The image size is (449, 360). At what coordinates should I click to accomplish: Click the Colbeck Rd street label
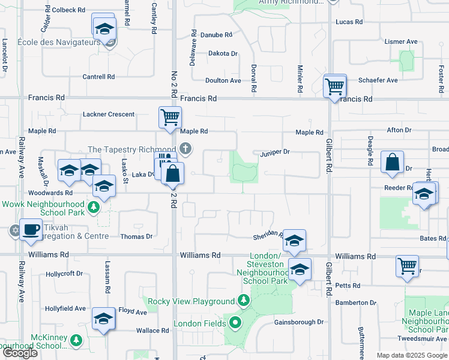coord(68,10)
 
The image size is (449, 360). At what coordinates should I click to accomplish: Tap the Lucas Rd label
coord(349,22)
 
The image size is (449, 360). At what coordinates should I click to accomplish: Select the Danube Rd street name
coord(216,35)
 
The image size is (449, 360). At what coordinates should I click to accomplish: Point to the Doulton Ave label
coord(223,80)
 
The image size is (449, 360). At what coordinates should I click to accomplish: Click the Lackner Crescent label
coord(109,114)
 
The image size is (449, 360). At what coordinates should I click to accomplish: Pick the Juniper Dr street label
coord(275,152)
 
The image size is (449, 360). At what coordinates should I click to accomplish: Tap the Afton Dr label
coord(399,130)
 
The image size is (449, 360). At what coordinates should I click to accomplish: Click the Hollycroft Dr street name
coord(64,274)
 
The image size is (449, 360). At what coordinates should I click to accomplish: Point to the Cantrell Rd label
coord(98,77)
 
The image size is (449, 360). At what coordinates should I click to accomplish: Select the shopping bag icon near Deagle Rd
coord(392,162)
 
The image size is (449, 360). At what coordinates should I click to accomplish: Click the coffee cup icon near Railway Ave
coord(31,228)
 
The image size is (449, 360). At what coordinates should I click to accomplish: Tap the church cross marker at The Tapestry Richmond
coord(186,148)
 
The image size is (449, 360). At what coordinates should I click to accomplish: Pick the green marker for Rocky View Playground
coord(243,299)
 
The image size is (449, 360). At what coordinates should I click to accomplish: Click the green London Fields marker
coord(235,323)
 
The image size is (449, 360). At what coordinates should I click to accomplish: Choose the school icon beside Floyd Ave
coord(104,319)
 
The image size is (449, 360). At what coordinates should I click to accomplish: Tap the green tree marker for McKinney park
coord(76,340)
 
